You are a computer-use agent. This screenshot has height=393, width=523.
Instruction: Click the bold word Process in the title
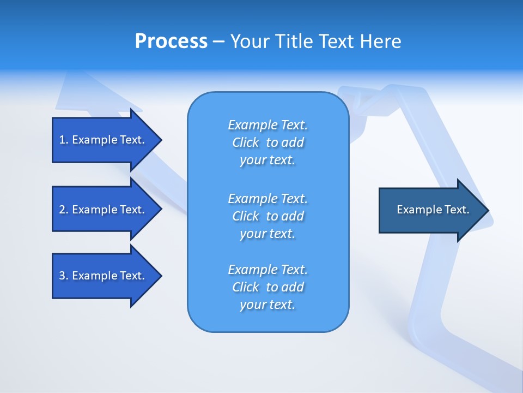pyautogui.click(x=171, y=41)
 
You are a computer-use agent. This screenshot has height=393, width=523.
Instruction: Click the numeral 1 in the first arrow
pyautogui.click(x=62, y=140)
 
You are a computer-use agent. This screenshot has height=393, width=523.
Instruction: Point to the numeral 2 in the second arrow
pyautogui.click(x=62, y=210)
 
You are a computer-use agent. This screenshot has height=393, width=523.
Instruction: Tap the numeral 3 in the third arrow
pyautogui.click(x=62, y=276)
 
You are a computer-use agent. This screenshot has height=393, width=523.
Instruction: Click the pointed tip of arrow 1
pyautogui.click(x=160, y=140)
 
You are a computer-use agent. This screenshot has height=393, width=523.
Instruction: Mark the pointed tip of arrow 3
pyautogui.click(x=160, y=276)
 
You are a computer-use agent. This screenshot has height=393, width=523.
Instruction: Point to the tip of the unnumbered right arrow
pyautogui.click(x=488, y=210)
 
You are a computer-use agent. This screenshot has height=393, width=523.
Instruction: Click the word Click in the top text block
pyautogui.click(x=246, y=142)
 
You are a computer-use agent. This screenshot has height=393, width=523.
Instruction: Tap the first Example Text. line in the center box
pyautogui.click(x=267, y=125)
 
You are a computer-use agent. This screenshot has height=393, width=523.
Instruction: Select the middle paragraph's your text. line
pyautogui.click(x=267, y=234)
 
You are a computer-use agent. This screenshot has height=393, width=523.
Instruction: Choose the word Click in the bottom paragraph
pyautogui.click(x=246, y=287)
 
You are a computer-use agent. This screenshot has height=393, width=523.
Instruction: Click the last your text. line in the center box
pyautogui.click(x=267, y=305)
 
